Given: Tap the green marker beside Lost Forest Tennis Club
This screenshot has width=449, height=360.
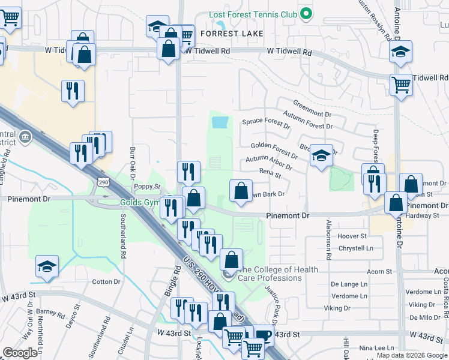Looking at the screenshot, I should coord(306,13).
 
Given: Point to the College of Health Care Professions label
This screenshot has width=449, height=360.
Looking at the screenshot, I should coord(278,274).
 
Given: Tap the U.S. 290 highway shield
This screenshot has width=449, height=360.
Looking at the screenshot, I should coord(103,181).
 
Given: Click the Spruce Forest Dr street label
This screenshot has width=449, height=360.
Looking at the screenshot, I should coord(266,124).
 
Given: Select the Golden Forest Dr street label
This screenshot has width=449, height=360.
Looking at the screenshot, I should coord(274,146).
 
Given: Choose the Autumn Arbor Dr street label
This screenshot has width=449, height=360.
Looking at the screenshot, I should coord(269,163).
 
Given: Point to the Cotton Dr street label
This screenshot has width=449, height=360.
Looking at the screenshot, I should coord(106,281).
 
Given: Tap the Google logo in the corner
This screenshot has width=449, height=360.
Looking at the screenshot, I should coord(20,353).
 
